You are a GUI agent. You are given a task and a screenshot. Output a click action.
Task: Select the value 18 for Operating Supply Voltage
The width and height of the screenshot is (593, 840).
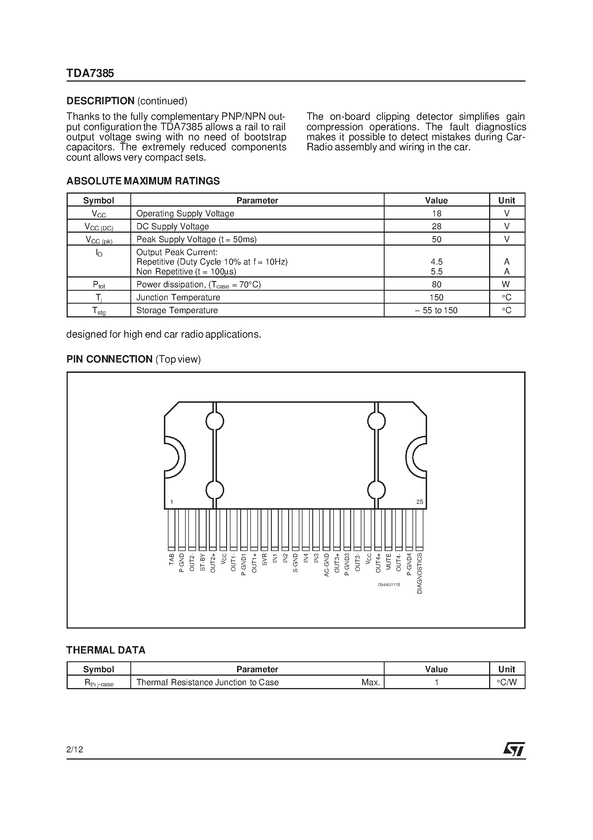point(436,213)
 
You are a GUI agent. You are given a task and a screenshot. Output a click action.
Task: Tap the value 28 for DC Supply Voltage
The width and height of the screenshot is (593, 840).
point(436,226)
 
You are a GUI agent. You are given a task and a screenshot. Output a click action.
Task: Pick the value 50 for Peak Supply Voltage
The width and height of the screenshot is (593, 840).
point(436,239)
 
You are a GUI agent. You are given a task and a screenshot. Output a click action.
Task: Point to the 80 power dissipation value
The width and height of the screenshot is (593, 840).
point(436,284)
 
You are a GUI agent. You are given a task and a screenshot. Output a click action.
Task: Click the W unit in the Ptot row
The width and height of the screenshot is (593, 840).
point(506,284)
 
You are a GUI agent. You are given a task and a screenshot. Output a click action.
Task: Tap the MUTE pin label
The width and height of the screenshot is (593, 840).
point(389,562)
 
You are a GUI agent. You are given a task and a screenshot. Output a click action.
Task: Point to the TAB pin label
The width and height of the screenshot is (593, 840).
point(171,560)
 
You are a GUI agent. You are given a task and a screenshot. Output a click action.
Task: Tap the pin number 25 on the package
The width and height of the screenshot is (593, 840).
point(419,502)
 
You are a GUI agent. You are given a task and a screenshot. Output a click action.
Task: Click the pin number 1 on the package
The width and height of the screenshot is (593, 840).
point(171,502)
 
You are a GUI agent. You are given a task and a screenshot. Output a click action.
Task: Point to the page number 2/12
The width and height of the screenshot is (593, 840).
point(75,750)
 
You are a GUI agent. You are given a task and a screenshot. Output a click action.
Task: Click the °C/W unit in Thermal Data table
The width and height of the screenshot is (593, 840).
point(506,682)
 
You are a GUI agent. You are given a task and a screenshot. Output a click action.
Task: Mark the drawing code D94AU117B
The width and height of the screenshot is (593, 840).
point(389,585)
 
